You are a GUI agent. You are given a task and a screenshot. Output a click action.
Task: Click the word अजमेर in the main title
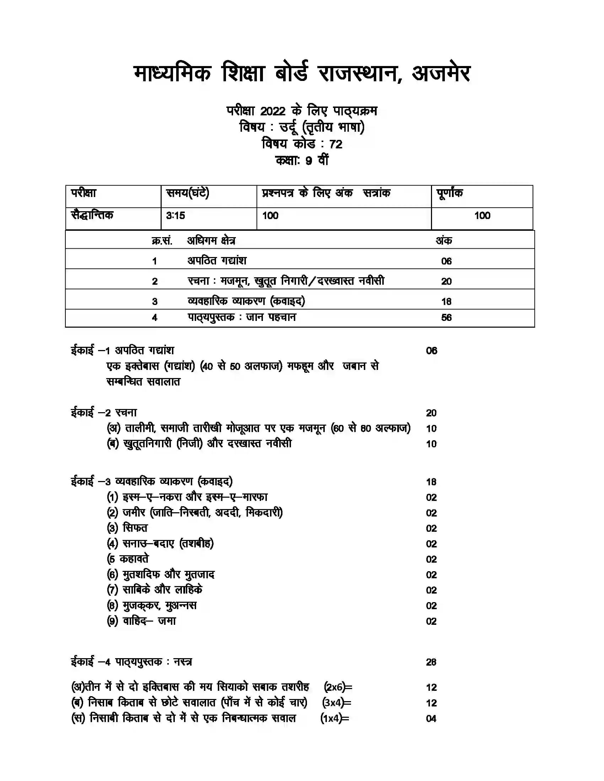(441, 73)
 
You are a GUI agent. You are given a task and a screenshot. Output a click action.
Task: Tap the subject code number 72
(336, 144)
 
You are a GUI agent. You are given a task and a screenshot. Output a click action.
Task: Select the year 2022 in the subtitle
(273, 111)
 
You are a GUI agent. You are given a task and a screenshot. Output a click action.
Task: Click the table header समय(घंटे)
(188, 193)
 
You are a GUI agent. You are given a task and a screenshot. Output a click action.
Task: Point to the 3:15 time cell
(175, 215)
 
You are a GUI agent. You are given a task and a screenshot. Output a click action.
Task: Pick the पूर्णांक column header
(449, 193)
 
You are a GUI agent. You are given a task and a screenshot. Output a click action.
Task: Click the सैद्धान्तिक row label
(92, 215)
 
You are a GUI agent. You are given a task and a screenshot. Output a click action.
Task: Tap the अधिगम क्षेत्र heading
(211, 241)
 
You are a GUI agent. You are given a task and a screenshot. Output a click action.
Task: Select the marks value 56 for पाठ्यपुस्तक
(446, 318)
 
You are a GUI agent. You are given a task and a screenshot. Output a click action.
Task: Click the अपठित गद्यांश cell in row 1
(217, 261)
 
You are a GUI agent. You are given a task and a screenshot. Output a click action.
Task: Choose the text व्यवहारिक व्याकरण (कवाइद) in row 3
(246, 301)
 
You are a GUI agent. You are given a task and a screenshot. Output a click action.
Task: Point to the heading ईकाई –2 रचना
(104, 413)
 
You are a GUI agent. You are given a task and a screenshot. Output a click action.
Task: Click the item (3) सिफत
(128, 528)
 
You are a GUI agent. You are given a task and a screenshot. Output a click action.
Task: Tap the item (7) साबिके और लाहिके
(155, 590)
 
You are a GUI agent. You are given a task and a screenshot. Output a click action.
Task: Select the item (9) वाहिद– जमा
(142, 621)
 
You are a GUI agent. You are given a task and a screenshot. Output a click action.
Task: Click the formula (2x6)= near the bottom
(338, 687)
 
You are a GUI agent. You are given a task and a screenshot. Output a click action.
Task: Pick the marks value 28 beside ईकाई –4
(431, 662)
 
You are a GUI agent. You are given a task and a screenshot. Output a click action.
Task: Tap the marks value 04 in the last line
(431, 719)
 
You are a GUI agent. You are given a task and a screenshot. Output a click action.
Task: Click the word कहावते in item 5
(134, 559)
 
